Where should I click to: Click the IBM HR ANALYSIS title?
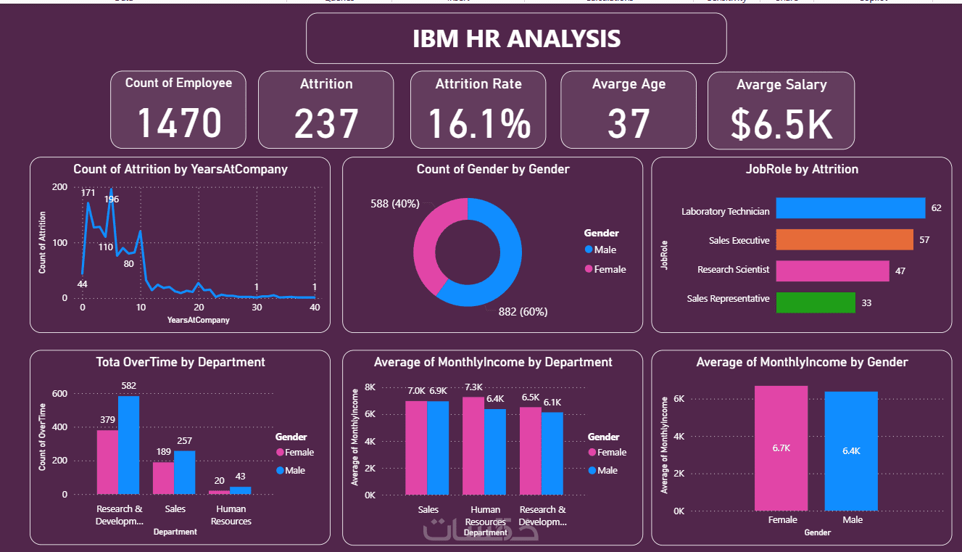516,38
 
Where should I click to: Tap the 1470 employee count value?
179,122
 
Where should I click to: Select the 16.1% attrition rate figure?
478,123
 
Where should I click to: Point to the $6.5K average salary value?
781,124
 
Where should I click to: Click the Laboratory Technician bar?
850,208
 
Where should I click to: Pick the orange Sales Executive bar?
844,239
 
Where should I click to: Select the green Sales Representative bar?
816,302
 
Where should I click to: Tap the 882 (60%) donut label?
523,312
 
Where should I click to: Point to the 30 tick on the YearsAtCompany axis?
257,308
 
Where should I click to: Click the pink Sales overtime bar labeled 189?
163,477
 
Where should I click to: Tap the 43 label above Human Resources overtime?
240,477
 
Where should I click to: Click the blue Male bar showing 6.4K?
851,450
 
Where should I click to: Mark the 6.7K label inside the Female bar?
781,448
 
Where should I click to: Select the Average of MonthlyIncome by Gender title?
802,362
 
